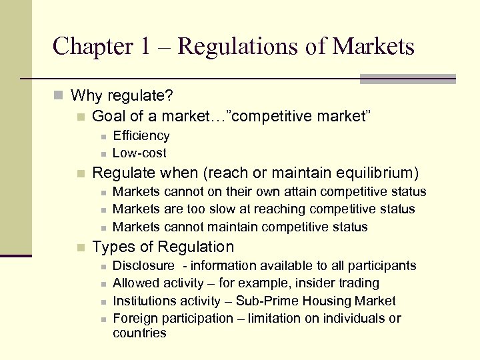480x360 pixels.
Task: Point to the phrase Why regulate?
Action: pyautogui.click(x=122, y=96)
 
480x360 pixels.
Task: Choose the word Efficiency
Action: pyautogui.click(x=141, y=136)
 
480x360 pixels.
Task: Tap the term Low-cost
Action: pyautogui.click(x=140, y=153)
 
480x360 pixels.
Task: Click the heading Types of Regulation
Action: pyautogui.click(x=163, y=247)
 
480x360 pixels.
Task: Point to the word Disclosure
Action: pyautogui.click(x=144, y=266)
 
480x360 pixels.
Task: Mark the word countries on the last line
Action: pyautogui.click(x=139, y=333)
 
